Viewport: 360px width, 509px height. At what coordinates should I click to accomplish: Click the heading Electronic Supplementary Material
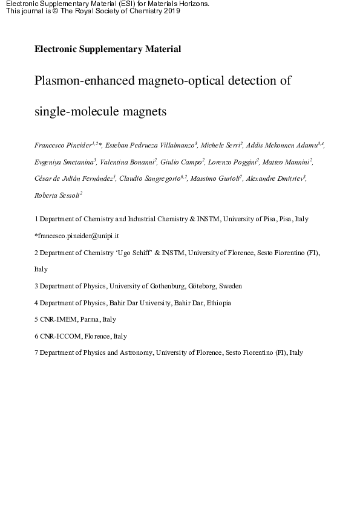tap(108, 50)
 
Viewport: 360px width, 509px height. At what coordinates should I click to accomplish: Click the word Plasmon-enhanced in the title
tap(80, 81)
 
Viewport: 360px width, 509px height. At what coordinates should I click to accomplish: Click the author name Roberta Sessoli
tap(57, 195)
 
